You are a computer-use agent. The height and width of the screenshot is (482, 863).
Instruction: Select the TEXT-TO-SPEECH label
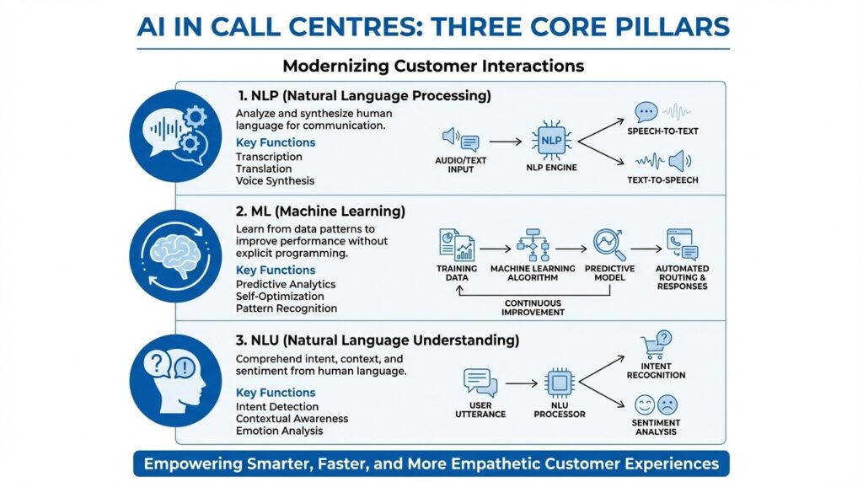point(663,179)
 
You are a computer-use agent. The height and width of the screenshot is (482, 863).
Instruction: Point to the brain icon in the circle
point(176,256)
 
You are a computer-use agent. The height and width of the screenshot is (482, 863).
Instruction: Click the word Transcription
point(269,157)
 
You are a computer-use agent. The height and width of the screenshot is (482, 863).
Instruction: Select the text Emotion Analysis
point(280,431)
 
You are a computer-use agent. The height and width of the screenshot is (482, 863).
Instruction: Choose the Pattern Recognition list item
point(287,308)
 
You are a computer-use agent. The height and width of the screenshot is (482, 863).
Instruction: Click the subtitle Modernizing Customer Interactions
point(432,65)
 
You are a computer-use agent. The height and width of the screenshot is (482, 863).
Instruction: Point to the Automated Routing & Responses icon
point(683,244)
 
